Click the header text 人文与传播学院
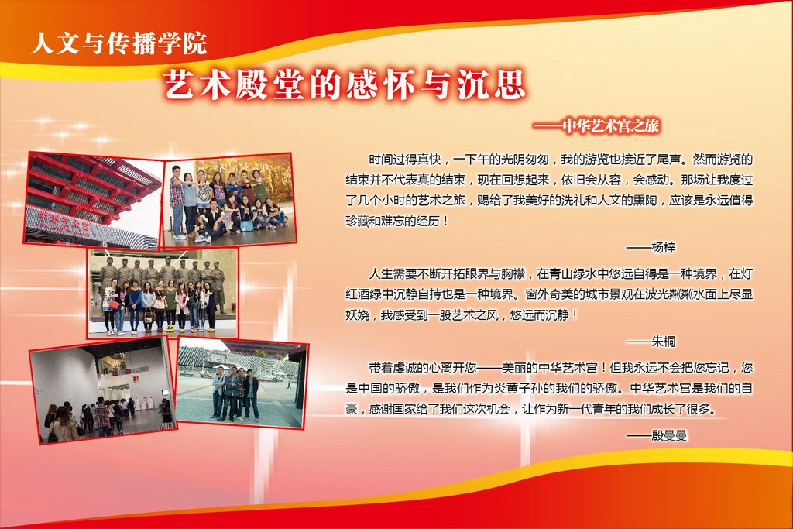118,43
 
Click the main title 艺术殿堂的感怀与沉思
345,84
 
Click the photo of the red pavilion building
93,201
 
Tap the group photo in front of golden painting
229,201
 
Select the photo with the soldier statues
163,293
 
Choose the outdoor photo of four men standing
242,383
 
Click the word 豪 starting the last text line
352,409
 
